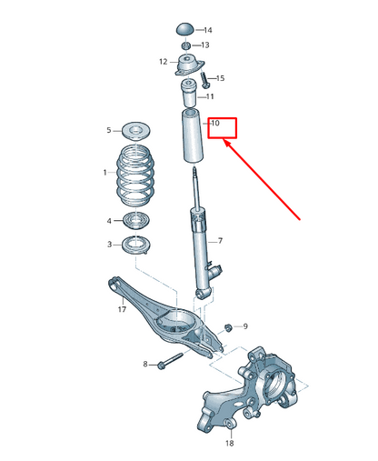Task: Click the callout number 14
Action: [x=208, y=30]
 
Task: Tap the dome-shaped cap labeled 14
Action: [x=185, y=30]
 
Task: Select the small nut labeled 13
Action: [x=185, y=45]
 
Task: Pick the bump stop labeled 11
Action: [x=189, y=94]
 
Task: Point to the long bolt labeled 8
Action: [x=169, y=365]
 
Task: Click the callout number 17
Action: [x=121, y=310]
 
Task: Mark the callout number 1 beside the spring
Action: [x=104, y=172]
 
